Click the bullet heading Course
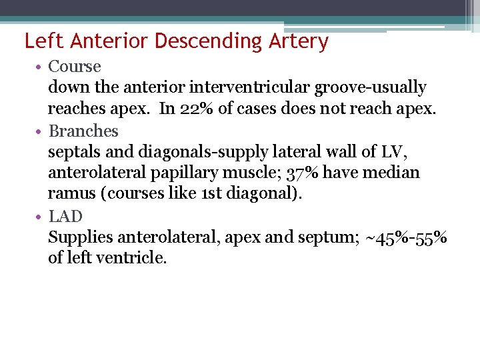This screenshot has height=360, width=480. pyautogui.click(x=75, y=67)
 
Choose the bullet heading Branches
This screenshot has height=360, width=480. pyautogui.click(x=83, y=131)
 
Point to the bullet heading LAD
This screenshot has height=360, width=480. pyautogui.click(x=65, y=216)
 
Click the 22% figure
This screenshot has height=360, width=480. pyautogui.click(x=197, y=109)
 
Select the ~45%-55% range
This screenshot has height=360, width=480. pyautogui.click(x=407, y=237)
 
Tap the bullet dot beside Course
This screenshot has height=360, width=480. pyautogui.click(x=41, y=67)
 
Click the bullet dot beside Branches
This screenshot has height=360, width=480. pyautogui.click(x=41, y=131)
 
